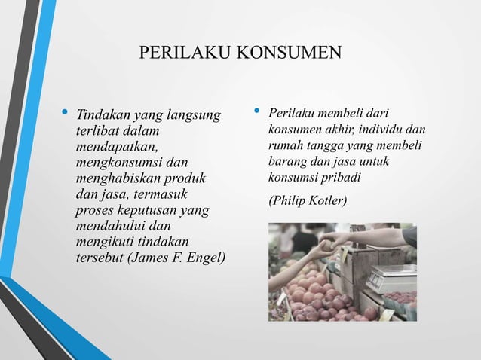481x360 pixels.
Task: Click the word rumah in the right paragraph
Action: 285,146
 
